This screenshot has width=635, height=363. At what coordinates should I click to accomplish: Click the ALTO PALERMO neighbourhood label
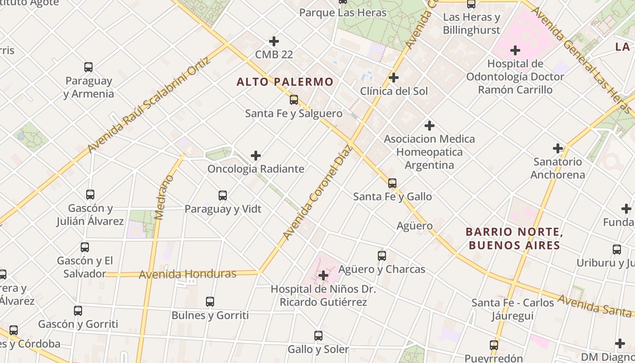pyautogui.click(x=285, y=82)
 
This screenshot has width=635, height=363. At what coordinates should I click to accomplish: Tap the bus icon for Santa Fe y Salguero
pyautogui.click(x=294, y=100)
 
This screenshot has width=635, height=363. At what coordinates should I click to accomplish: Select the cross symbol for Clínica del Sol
pyautogui.click(x=394, y=78)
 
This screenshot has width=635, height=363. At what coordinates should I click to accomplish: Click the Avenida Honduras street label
pyautogui.click(x=187, y=274)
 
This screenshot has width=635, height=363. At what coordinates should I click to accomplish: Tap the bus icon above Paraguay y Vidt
pyautogui.click(x=223, y=196)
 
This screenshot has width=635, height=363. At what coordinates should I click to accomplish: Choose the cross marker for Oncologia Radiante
pyautogui.click(x=256, y=156)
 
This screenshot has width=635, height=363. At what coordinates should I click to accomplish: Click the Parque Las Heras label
pyautogui.click(x=343, y=13)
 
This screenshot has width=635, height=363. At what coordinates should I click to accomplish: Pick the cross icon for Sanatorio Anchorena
pyautogui.click(x=558, y=148)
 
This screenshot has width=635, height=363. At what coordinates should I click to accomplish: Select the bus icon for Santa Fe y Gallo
pyautogui.click(x=392, y=183)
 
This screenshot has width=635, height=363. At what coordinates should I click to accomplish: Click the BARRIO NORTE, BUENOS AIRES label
pyautogui.click(x=514, y=239)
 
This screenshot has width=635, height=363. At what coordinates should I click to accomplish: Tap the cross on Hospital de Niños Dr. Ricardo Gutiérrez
pyautogui.click(x=323, y=275)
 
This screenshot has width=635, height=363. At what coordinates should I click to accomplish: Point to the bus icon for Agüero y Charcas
pyautogui.click(x=382, y=256)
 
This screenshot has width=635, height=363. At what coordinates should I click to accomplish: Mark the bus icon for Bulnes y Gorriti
pyautogui.click(x=210, y=302)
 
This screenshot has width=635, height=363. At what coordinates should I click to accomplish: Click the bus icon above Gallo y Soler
pyautogui.click(x=318, y=336)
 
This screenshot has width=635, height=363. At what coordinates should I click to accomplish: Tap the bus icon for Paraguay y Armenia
pyautogui.click(x=88, y=68)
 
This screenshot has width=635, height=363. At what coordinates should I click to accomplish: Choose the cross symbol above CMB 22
pyautogui.click(x=274, y=41)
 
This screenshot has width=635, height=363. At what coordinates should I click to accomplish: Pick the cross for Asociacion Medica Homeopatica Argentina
pyautogui.click(x=430, y=126)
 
